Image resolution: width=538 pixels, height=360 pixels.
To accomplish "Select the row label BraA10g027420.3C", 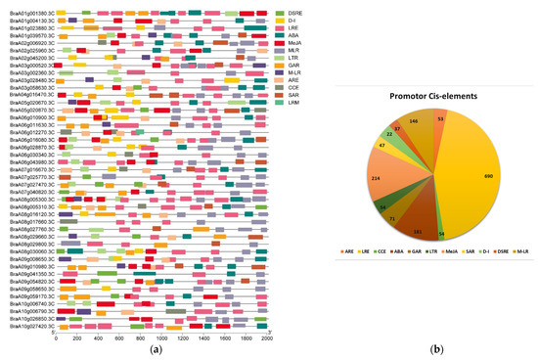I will click(26, 326).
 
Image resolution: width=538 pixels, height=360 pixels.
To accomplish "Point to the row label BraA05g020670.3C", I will click(26, 100).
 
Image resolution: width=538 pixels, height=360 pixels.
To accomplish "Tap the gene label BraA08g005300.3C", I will click(26, 199).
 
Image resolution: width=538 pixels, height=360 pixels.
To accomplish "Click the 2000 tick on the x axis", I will click(267, 337).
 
